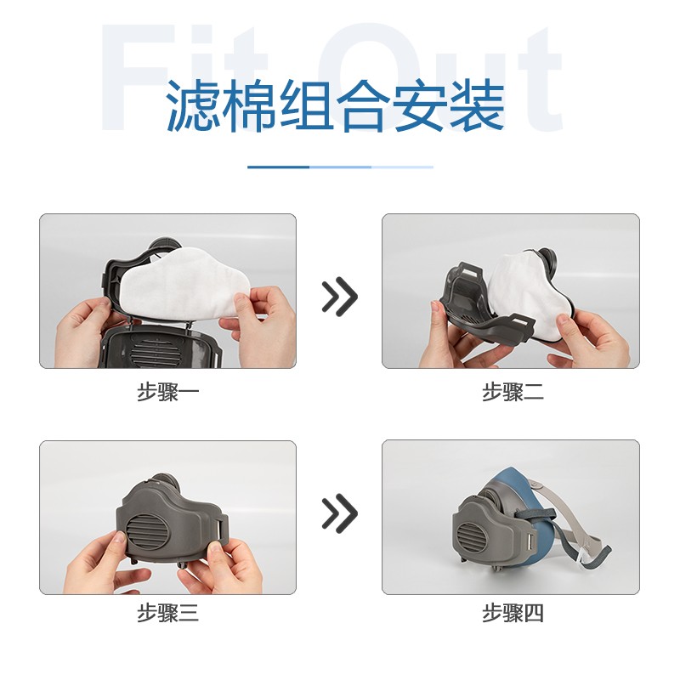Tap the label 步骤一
coord(168,393)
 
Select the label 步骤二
coord(513,393)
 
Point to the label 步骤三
coord(168,614)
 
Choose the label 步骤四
coord(513,614)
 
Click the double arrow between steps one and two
coord(339,296)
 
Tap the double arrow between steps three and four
coord(339,513)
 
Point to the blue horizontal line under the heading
coord(340,167)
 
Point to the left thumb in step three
coord(115,544)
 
